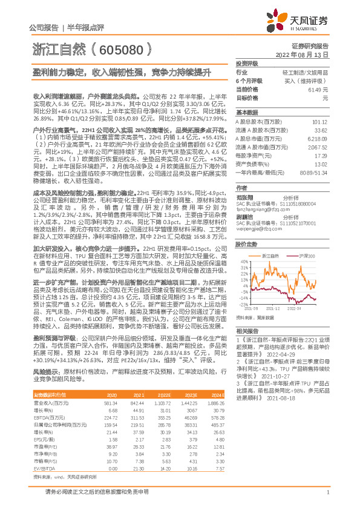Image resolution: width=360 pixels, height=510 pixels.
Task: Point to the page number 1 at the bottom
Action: (327, 498)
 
